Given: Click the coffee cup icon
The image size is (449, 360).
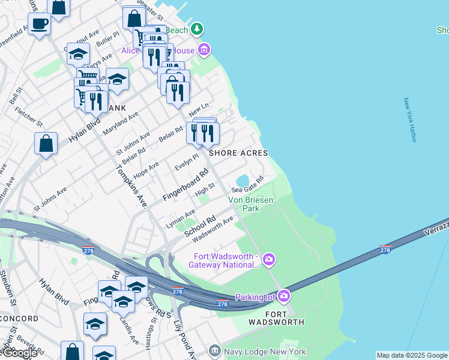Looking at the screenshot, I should tap(40, 24).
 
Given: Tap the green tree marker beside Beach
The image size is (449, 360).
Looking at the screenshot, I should tap(197, 29).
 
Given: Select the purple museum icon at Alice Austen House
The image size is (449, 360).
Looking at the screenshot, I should tap(204, 49).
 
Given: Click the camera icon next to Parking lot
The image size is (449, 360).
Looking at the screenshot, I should tap(283, 296).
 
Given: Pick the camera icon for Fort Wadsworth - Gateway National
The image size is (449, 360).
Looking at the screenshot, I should tap(269, 259).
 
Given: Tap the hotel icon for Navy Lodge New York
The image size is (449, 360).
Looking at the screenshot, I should tap(214, 350).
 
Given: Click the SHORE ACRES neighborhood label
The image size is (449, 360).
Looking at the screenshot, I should tap(238, 153).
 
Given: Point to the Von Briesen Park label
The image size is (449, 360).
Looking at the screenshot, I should tap(251, 204).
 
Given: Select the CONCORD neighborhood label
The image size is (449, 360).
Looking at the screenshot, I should tap(19, 319).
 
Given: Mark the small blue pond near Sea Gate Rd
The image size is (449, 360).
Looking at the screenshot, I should tap(243, 181).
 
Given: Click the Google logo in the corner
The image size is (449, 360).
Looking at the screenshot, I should tap(20, 353).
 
